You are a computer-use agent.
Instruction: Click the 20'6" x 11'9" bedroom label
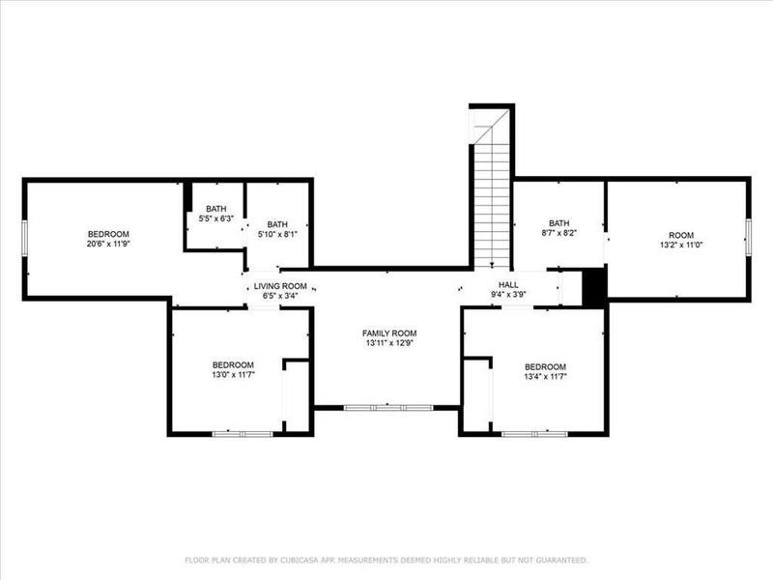tap(108, 240)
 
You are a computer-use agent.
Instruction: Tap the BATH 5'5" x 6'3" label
tap(215, 213)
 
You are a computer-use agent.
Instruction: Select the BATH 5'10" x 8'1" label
tap(277, 229)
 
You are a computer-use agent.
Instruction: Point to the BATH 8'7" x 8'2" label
tap(559, 228)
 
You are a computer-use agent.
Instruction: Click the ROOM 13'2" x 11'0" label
tap(681, 241)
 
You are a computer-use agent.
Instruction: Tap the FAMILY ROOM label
tap(390, 337)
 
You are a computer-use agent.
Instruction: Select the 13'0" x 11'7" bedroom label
tap(233, 369)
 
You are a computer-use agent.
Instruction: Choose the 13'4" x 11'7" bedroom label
tap(545, 372)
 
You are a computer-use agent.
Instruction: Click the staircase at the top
tap(491, 193)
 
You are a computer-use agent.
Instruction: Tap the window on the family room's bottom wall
tap(388, 408)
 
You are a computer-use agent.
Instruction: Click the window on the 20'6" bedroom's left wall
tap(26, 239)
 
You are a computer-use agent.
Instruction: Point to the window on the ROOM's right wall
tap(747, 238)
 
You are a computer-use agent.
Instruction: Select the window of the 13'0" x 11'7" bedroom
tap(243, 434)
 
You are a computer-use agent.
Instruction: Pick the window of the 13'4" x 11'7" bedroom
tap(533, 434)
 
